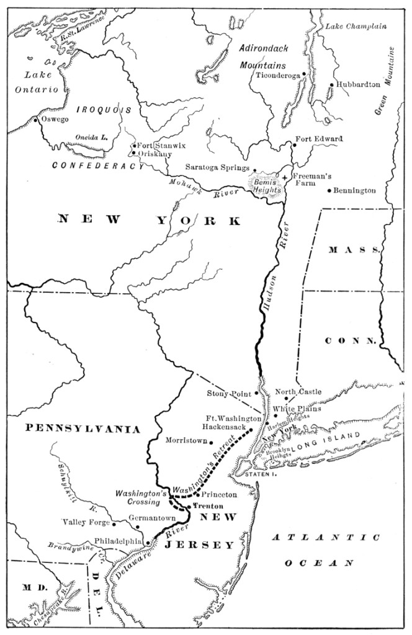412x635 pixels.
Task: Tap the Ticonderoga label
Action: pyautogui.click(x=277, y=75)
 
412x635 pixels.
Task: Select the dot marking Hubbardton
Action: pyautogui.click(x=332, y=85)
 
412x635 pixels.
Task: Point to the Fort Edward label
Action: pyautogui.click(x=318, y=139)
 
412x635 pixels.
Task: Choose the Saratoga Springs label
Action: pyautogui.click(x=217, y=167)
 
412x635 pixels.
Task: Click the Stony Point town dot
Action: pyautogui.click(x=256, y=393)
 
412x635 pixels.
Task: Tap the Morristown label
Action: pyautogui.click(x=185, y=440)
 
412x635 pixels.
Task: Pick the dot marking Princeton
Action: pyautogui.click(x=197, y=494)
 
